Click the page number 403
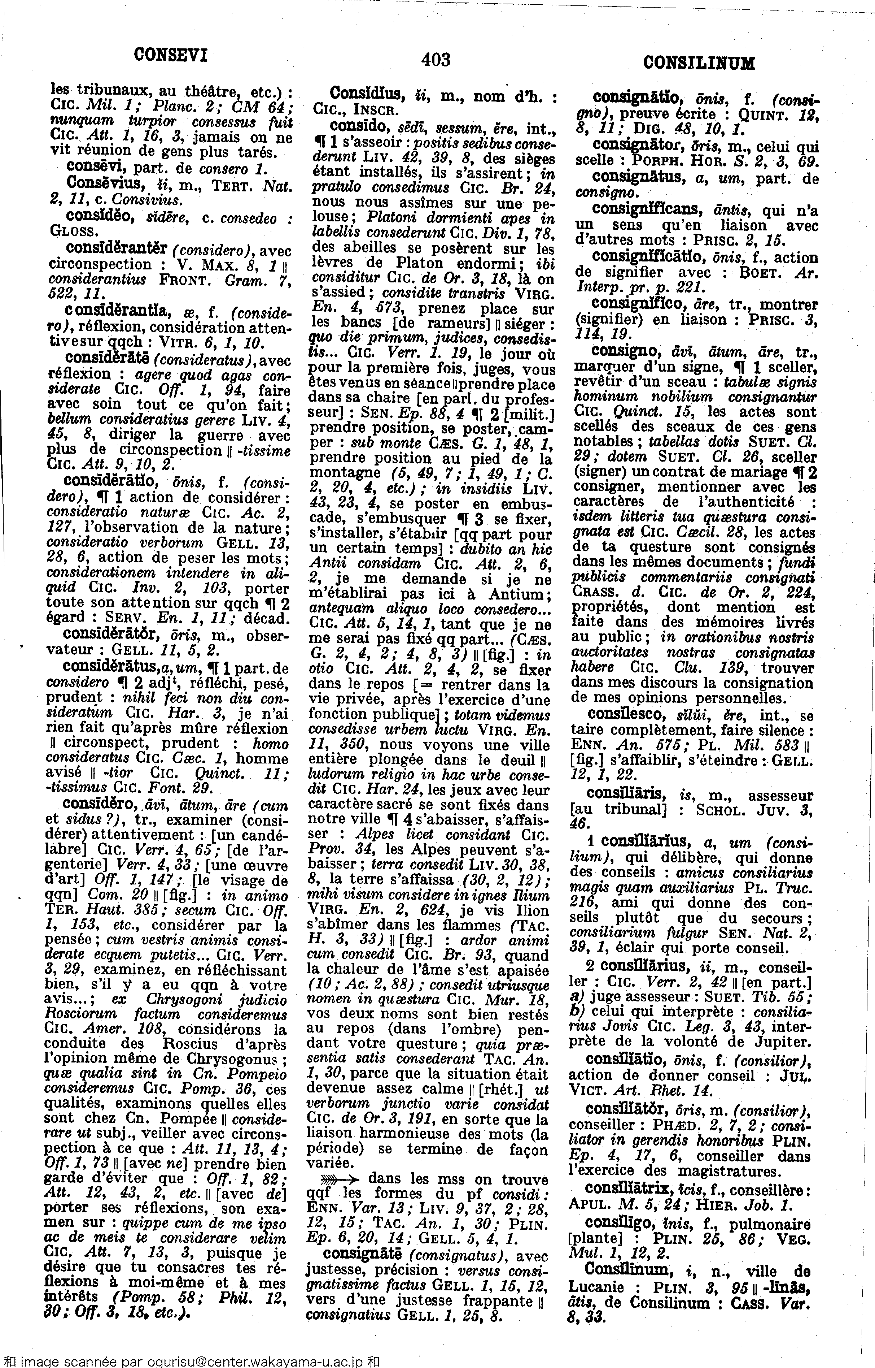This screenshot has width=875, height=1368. [436, 60]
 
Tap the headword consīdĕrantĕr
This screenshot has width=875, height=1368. [116, 248]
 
